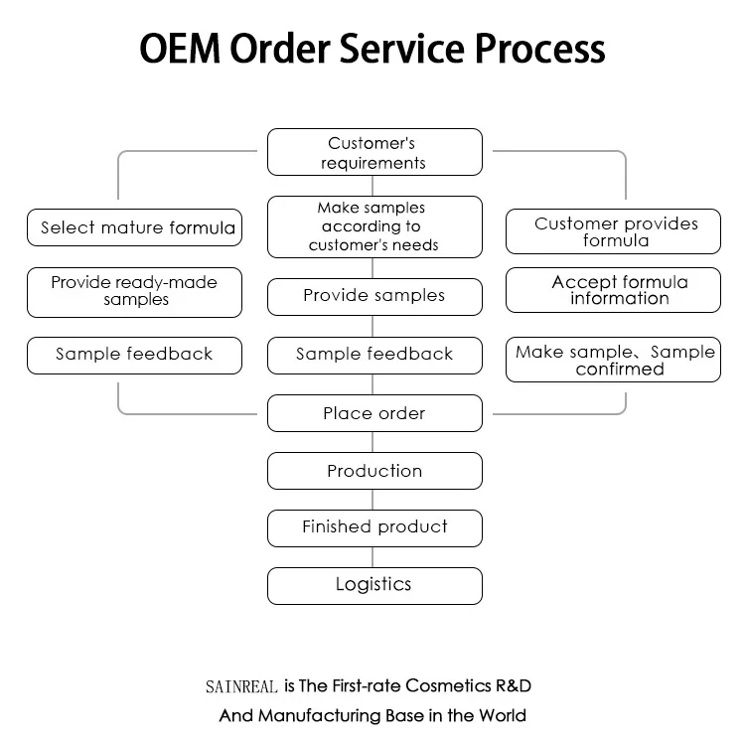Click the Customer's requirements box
tap(374, 153)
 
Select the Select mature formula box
tap(134, 227)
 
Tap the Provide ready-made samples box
tap(134, 292)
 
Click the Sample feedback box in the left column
tap(134, 355)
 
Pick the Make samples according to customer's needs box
tap(374, 226)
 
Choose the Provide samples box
tap(374, 296)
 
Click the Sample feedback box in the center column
tap(374, 355)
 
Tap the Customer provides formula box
tap(613, 231)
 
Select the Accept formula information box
tap(613, 290)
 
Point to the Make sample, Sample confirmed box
tap(613, 361)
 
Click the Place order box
tap(374, 413)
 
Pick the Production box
tap(374, 471)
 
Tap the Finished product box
tap(374, 527)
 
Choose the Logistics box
tap(374, 585)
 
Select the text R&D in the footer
tap(522, 685)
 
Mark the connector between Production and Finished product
tap(374, 500)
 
